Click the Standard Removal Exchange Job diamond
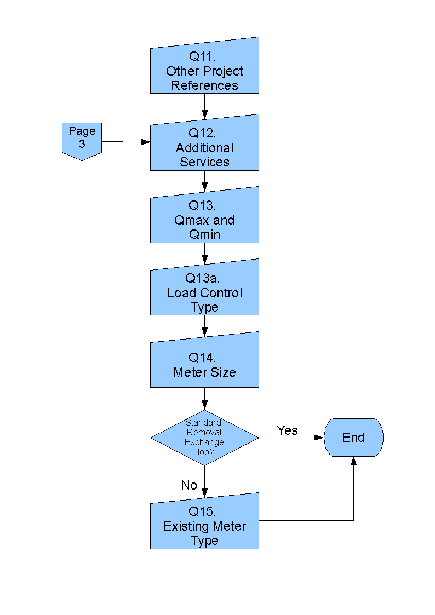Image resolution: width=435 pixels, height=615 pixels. coord(204,438)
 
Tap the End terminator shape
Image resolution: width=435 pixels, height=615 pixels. coord(353,438)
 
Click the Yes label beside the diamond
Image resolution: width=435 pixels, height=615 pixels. coord(287,430)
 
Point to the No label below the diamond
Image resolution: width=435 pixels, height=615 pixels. coord(189,485)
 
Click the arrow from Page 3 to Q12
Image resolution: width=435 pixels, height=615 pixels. coord(125,142)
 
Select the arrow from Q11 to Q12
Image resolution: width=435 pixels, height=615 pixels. coord(204,105)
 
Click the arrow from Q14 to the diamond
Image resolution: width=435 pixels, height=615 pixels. coord(204,398)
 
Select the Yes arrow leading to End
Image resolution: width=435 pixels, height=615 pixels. coord(290,438)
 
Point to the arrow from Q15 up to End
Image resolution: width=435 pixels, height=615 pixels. coord(353,493)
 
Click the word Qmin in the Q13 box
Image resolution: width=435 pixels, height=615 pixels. coord(204,234)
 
